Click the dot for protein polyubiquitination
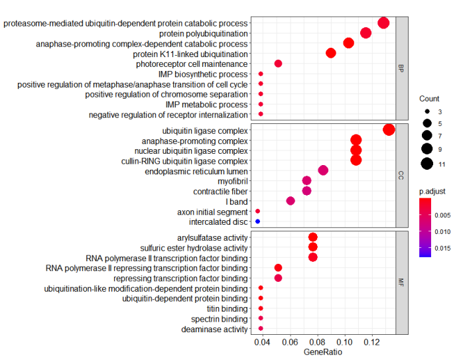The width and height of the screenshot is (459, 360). (x=365, y=33)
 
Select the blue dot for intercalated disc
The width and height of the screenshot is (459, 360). (x=257, y=221)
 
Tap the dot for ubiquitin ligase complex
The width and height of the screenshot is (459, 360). (x=389, y=130)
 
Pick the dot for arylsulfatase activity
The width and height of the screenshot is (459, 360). (x=313, y=237)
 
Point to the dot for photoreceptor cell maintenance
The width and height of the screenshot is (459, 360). (x=278, y=64)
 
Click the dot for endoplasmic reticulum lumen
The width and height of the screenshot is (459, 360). (x=323, y=170)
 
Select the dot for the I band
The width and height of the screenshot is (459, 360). (x=291, y=201)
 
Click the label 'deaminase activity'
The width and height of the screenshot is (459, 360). (x=215, y=329)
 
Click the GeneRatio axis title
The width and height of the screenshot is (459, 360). (x=322, y=353)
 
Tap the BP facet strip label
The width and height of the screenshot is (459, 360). (x=401, y=68)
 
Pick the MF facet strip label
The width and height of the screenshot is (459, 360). (x=401, y=282)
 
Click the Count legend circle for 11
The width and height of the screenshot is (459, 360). (x=426, y=163)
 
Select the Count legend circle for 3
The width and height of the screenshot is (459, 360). (x=426, y=111)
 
